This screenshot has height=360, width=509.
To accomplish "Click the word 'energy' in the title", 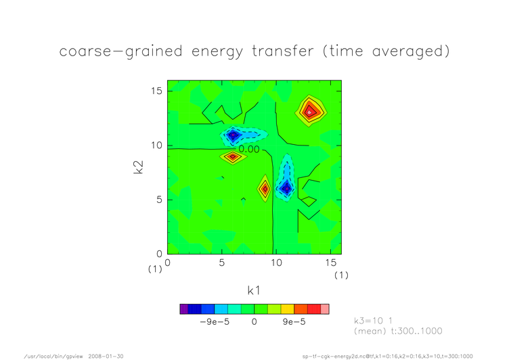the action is coord(217,52).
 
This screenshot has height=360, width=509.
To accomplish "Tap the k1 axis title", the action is coord(254,290).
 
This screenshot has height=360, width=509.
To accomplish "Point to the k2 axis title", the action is coord(138,167).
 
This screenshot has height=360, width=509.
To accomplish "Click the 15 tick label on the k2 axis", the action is coord(156,91).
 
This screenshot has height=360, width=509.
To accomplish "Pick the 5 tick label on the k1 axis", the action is coord(222,263).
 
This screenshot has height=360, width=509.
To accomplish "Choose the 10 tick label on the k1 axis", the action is coord(276,263).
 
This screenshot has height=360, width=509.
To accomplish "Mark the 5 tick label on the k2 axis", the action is coord(159,200).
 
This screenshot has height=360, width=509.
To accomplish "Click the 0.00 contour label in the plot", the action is coord(249,150).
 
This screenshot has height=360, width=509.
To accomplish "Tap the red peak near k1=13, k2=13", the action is coord(309,112).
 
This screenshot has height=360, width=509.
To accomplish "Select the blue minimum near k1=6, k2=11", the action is coord(233,135).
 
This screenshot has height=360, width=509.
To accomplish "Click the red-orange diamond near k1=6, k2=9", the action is coord(233,157).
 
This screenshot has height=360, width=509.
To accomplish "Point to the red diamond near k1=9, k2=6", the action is coord(265,189).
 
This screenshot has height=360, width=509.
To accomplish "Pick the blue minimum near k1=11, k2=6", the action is coord(286,188).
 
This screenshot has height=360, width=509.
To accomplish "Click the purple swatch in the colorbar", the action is coord(183,309).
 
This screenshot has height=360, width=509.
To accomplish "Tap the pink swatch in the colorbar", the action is coord(325,309).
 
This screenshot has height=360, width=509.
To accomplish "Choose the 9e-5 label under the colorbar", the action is coord(294,321).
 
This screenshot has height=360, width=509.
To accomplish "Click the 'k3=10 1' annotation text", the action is coord(374,321).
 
